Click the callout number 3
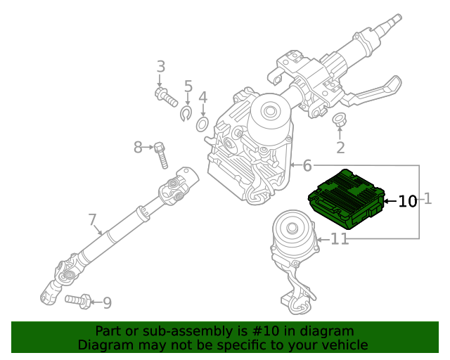pyautogui.click(x=161, y=67)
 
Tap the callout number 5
pyautogui.click(x=188, y=86)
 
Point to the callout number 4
pyautogui.click(x=202, y=97)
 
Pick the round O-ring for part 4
pyautogui.click(x=202, y=125)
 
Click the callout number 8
pyautogui.click(x=139, y=147)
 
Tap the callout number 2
pyautogui.click(x=340, y=148)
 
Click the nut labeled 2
pyautogui.click(x=338, y=120)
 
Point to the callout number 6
pyautogui.click(x=307, y=166)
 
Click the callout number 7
pyautogui.click(x=93, y=220)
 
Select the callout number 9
pyautogui.click(x=107, y=303)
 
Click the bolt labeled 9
pyautogui.click(x=77, y=301)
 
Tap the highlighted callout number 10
pyautogui.click(x=408, y=202)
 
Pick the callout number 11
pyautogui.click(x=340, y=240)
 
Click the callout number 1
pyautogui.click(x=427, y=200)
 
